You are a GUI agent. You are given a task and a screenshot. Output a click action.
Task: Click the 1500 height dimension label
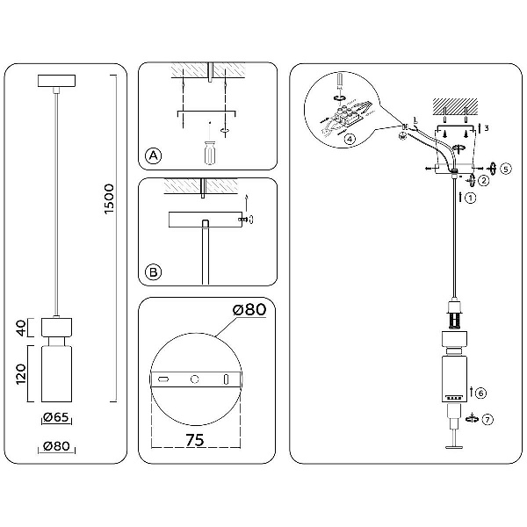tap(109, 199)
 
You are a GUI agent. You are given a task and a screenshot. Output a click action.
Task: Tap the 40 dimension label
tap(21, 328)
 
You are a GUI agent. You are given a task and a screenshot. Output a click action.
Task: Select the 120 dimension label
tap(21, 374)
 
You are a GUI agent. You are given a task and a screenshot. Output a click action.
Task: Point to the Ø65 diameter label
tap(56, 417)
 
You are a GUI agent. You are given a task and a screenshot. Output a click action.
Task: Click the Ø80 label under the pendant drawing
tap(57, 446)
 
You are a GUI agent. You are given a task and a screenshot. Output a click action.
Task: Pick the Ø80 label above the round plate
tap(249, 309)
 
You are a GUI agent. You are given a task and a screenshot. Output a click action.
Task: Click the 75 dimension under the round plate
tap(195, 440)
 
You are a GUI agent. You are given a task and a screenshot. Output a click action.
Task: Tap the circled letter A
tap(153, 155)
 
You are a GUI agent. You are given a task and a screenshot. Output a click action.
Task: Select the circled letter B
tap(153, 272)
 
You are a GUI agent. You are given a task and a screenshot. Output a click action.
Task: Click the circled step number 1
tap(471, 198)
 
